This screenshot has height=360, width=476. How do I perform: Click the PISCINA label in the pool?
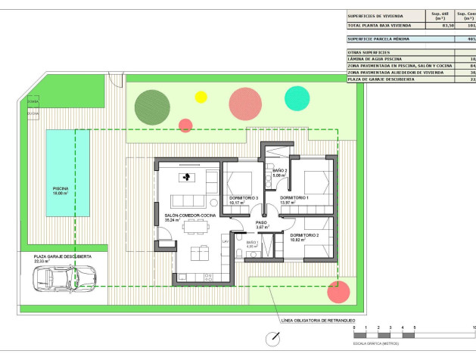tap(60, 190)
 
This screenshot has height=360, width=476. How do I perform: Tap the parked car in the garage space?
tap(56, 279)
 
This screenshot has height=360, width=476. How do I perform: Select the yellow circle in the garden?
tap(201, 97)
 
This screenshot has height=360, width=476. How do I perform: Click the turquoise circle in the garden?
tap(297, 98)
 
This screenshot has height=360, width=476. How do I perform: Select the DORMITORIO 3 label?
tap(243, 199)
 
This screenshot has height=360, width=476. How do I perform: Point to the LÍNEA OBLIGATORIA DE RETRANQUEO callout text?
tap(317, 321)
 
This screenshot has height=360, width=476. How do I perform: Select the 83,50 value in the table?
tap(447, 25)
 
